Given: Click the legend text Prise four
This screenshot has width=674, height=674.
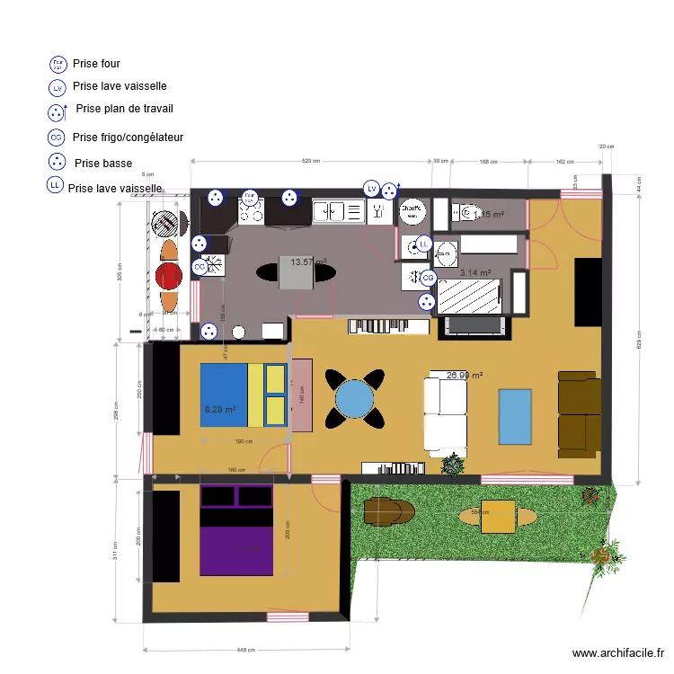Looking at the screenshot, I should pos(96,64).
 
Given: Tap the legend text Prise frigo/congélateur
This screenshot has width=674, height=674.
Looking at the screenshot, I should pos(128,137).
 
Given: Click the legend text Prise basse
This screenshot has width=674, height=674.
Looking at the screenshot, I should pos(103,164).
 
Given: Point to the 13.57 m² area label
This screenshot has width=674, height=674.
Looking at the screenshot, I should pos(307,262).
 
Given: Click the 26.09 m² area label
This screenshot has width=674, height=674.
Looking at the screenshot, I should pos(465,375).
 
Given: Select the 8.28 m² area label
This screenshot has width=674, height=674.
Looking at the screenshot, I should pos(220,410).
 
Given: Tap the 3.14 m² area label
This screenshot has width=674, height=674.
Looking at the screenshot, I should pos(474,272).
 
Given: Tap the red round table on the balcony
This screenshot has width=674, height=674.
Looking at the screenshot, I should pos(168,275).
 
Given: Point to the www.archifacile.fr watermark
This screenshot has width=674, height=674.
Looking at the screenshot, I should pos(617,653).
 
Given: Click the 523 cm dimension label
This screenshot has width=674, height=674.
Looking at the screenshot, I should pos(310,161).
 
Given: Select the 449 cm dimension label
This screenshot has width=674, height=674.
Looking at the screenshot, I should pos(244,651).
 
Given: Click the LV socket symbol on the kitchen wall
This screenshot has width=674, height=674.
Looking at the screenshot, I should pos(371,188).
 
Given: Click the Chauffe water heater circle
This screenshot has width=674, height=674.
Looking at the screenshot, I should pos(412,210).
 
